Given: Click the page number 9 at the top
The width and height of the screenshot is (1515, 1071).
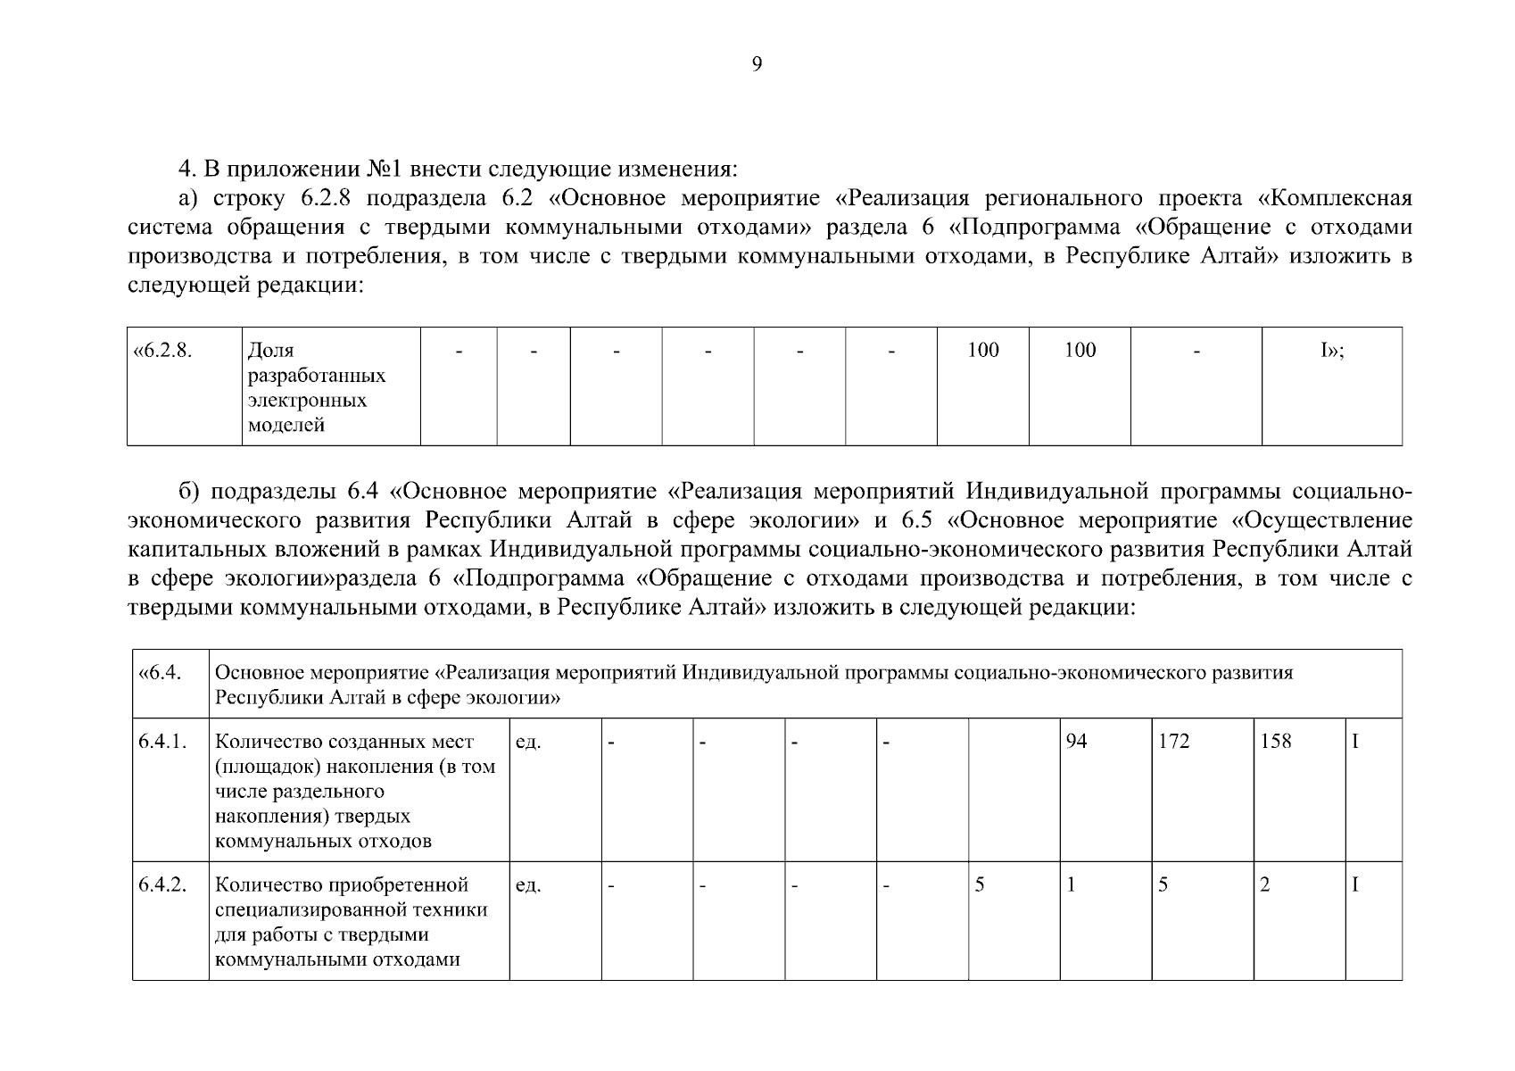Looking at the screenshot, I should point(757,64).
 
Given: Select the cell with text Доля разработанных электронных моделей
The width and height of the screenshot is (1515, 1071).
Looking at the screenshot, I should point(316,387).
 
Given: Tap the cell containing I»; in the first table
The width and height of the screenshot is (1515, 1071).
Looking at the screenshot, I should point(1332,350).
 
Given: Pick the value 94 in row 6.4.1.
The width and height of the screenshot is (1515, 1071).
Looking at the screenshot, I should point(1077,742).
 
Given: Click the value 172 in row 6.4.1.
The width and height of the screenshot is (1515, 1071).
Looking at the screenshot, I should point(1174,742).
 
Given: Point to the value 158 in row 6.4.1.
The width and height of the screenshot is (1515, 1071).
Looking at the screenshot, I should point(1276,742).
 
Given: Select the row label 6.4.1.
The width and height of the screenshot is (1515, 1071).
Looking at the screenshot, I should point(162,742).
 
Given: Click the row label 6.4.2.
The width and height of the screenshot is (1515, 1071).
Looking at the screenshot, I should point(162,884).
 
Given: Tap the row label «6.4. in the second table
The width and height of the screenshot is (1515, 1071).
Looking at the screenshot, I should point(161,672).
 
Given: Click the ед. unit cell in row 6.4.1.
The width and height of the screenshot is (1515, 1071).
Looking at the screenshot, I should point(528,742).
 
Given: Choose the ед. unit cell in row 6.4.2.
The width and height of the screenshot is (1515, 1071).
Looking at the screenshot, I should point(528,884).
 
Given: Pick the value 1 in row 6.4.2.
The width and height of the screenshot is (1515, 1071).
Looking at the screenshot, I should point(1072,884).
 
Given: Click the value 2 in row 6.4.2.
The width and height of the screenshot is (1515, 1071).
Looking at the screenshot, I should point(1264,884).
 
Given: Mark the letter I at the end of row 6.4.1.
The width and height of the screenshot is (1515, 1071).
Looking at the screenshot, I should point(1355,742).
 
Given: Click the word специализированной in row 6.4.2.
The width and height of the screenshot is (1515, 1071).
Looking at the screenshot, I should point(352,909).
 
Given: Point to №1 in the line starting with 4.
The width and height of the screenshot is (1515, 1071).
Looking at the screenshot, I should point(385,169).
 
